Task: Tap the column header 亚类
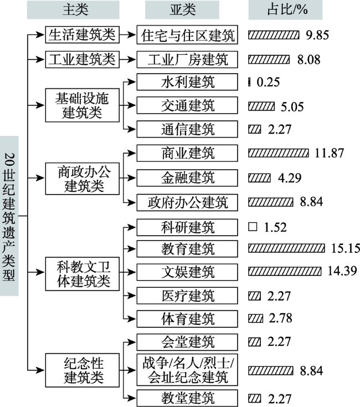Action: (x=182, y=9)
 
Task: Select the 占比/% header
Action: (x=285, y=9)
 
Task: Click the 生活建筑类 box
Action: (x=82, y=34)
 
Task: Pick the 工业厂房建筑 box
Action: (x=187, y=60)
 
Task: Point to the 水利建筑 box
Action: (x=187, y=82)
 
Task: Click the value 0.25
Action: (x=268, y=82)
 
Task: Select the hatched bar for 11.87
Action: (x=279, y=153)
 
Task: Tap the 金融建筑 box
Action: (x=187, y=178)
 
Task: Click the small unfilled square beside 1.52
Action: (x=253, y=227)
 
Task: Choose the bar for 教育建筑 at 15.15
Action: (x=286, y=248)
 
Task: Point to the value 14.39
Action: (x=342, y=271)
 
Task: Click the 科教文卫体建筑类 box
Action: (x=82, y=274)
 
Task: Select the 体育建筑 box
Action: (x=187, y=319)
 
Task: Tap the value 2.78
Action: (x=280, y=318)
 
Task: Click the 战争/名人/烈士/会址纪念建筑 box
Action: (x=187, y=370)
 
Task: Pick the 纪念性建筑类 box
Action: (x=82, y=370)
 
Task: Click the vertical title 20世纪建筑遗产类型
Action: (x=9, y=216)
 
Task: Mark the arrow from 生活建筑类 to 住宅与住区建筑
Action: (x=128, y=34)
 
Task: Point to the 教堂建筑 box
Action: (x=187, y=398)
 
